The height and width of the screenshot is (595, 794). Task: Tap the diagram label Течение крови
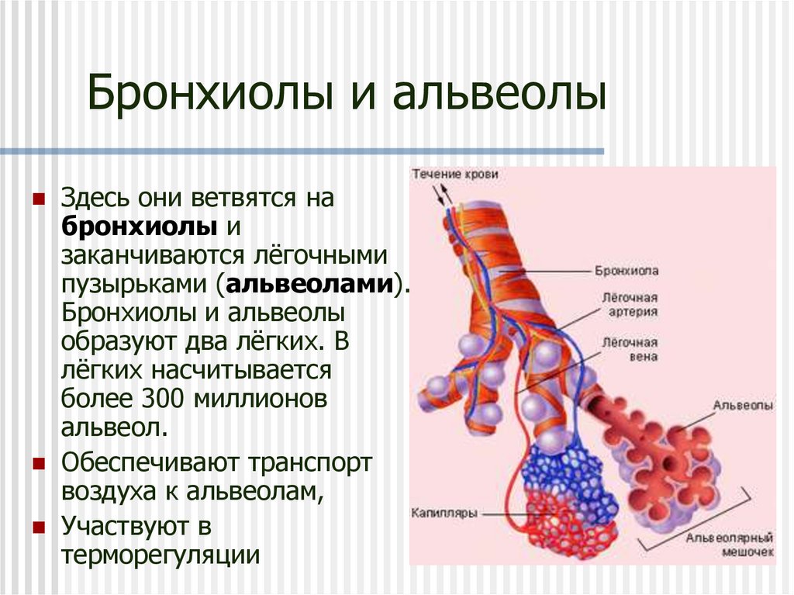454,175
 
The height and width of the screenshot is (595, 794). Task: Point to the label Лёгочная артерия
630,304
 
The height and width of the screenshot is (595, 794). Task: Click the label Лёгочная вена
630,349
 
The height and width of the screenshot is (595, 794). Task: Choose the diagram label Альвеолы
743,405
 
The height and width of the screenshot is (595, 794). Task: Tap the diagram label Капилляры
444,512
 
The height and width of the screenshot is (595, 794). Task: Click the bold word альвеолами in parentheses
309,284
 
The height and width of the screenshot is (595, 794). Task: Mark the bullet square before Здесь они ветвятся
37,199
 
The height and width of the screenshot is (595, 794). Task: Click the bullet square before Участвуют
37,528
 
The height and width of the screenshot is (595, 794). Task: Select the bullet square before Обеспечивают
37,463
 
